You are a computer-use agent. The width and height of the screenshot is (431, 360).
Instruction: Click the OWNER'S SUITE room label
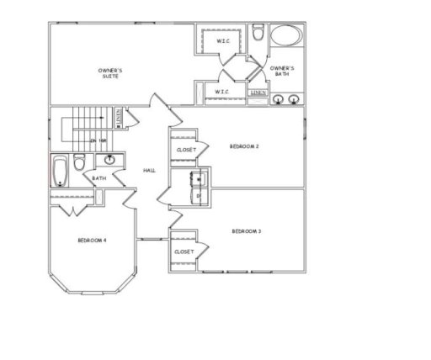(109, 72)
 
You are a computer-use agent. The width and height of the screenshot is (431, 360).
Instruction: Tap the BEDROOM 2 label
(244, 146)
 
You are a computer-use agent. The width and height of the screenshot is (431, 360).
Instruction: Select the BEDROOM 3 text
(246, 230)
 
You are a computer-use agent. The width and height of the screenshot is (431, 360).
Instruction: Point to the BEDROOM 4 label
(92, 241)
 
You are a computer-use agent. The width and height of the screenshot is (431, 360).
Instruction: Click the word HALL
(149, 171)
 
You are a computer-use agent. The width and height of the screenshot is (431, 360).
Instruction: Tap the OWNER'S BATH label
(281, 70)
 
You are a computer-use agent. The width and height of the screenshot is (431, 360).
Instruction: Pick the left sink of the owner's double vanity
(278, 100)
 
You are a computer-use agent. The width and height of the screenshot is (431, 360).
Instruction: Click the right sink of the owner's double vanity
(294, 100)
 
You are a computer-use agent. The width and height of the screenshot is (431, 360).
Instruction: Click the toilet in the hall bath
(79, 162)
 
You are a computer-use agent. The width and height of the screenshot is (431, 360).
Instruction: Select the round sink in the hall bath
(110, 159)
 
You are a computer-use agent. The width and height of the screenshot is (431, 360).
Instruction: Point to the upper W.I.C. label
(223, 40)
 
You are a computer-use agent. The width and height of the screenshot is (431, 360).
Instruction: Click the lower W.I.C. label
(222, 91)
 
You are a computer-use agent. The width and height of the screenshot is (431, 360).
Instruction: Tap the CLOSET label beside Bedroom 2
(186, 150)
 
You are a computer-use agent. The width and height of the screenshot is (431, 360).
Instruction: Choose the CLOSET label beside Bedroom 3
(184, 251)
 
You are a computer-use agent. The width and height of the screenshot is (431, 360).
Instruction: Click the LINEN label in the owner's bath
(259, 92)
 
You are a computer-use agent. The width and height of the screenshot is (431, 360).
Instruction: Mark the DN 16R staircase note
(99, 140)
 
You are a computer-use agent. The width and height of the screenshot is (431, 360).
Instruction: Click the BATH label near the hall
(99, 178)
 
